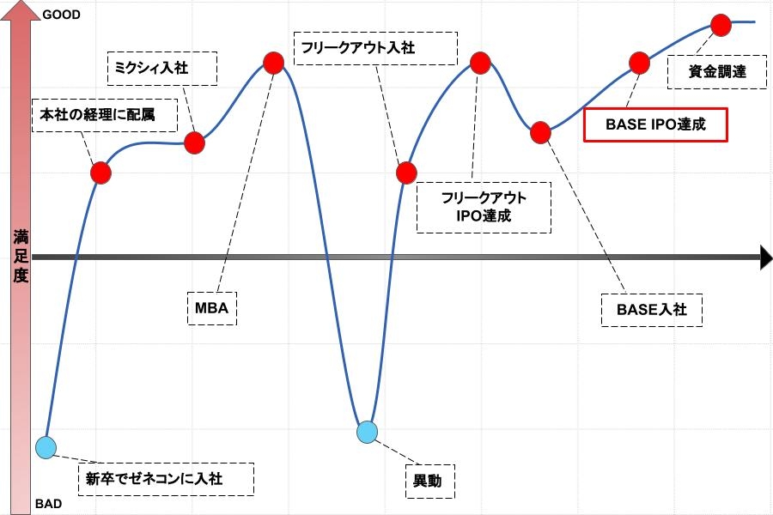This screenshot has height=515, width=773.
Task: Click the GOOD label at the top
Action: click(61, 15)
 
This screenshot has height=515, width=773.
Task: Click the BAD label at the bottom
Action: click(48, 504)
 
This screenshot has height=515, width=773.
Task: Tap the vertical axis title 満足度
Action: click(21, 257)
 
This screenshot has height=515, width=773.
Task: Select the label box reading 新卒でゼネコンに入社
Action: click(166, 479)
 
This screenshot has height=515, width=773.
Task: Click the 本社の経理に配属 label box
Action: click(105, 115)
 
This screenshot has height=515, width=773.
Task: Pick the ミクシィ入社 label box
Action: click(162, 69)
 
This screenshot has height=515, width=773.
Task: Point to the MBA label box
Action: click(212, 308)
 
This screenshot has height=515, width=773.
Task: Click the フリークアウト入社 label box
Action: click(375, 48)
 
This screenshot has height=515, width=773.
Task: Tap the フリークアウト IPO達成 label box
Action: click(484, 208)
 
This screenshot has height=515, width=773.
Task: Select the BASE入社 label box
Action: click(652, 310)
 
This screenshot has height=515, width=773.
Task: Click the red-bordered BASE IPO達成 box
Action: click(655, 124)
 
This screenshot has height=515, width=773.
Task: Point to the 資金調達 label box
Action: click(717, 72)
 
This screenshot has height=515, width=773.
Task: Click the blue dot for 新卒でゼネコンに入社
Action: click(46, 448)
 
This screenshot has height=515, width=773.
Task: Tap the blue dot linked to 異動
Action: click(368, 433)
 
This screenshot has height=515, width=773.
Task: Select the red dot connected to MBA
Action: click(274, 63)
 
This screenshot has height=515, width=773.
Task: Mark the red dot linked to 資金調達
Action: click(721, 25)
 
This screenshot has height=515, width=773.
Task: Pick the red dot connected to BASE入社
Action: click(541, 132)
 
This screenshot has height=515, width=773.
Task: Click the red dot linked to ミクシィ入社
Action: click(195, 143)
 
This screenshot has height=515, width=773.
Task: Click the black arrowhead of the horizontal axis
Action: click(766, 257)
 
